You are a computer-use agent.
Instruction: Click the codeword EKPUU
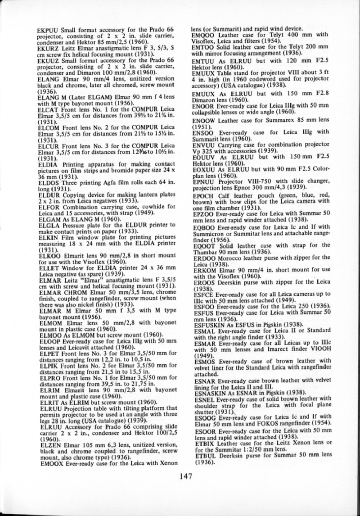click(x=46, y=29)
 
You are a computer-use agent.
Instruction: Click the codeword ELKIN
click(x=45, y=235)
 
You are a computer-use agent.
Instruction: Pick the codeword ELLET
click(x=45, y=266)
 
